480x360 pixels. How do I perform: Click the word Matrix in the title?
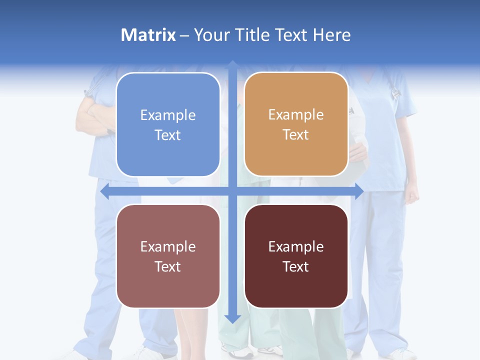[148, 35]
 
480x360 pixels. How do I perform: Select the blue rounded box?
[168, 124]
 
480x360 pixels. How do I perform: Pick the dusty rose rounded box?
[168, 256]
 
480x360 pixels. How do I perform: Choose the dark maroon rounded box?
[296, 256]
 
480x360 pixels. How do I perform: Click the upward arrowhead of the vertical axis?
[232, 65]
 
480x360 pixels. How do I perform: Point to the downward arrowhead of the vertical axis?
[232, 318]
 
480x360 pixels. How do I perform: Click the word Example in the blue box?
[168, 115]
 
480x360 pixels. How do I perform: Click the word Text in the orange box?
[296, 134]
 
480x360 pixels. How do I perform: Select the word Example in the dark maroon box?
[296, 246]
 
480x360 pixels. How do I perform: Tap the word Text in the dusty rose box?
[168, 266]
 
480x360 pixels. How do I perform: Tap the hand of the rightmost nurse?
[411, 194]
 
